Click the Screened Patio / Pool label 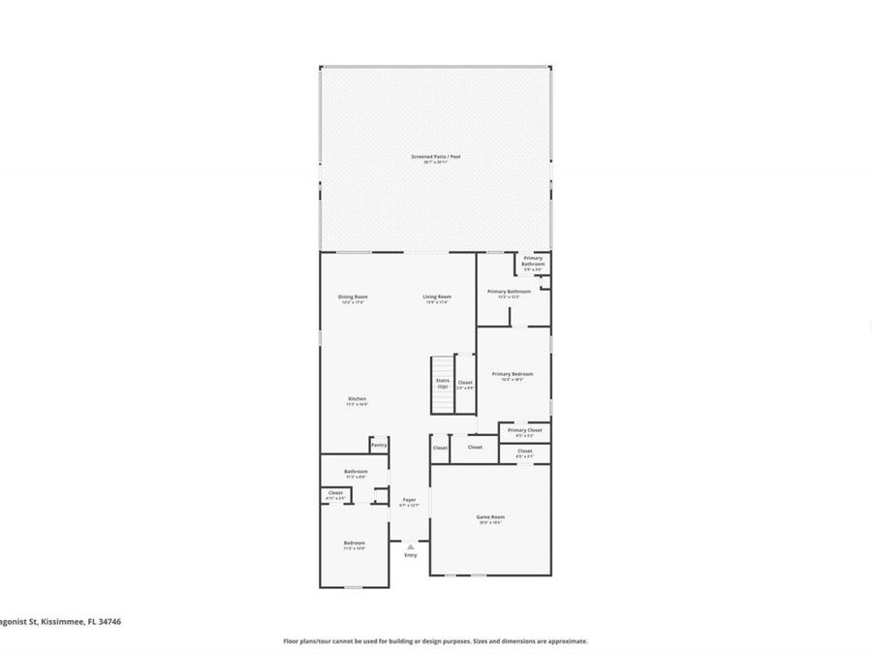click(x=435, y=156)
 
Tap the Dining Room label click(x=353, y=296)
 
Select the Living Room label click(x=437, y=296)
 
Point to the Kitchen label click(x=358, y=399)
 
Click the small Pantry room click(x=379, y=445)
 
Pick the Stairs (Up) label click(x=443, y=384)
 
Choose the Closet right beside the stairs click(x=465, y=384)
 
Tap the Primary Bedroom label click(x=512, y=374)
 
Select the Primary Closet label click(x=524, y=430)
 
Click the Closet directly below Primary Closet click(x=524, y=452)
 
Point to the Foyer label click(x=409, y=500)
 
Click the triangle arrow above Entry click(x=410, y=547)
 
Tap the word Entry click(x=411, y=555)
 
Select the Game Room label click(x=490, y=517)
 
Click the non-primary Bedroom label click(x=354, y=543)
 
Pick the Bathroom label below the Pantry click(x=356, y=472)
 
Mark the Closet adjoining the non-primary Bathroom click(x=335, y=493)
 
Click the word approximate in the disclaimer click(x=566, y=640)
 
